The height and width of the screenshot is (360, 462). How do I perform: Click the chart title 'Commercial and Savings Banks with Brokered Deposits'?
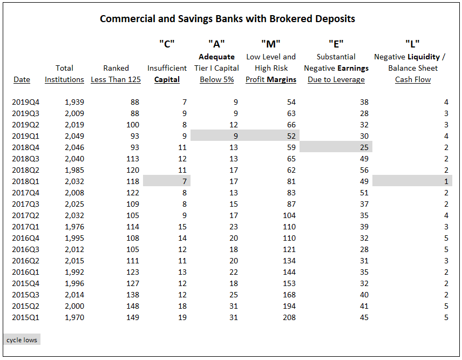click(227, 19)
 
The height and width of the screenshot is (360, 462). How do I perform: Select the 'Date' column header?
click(22, 79)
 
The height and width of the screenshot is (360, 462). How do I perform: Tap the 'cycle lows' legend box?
click(22, 339)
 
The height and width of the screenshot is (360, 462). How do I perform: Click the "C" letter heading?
click(167, 44)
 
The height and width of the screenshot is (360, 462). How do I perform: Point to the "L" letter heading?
click(412, 44)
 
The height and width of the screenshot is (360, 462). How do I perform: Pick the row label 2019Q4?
click(25, 102)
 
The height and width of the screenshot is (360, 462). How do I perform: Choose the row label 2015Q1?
click(25, 317)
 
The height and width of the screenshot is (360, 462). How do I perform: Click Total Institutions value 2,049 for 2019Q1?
click(74, 136)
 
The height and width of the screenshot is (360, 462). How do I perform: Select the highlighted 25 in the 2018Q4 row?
click(364, 147)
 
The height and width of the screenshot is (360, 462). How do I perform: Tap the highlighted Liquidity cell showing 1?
click(446, 181)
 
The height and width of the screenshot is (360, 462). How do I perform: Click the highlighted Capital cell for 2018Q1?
click(185, 181)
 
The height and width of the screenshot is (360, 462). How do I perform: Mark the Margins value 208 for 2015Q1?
click(289, 317)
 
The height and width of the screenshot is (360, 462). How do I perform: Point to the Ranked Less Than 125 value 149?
click(133, 317)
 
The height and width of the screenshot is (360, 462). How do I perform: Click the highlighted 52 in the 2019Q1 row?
click(291, 136)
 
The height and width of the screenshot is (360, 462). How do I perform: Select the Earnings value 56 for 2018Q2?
click(364, 170)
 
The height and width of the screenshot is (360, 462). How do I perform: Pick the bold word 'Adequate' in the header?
click(216, 57)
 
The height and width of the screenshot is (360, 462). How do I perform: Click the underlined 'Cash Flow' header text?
click(413, 79)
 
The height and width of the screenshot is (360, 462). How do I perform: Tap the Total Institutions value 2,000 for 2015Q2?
click(74, 306)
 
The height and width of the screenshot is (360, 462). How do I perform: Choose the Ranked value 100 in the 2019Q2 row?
click(133, 125)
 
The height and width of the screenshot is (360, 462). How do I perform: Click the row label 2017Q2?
click(25, 216)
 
